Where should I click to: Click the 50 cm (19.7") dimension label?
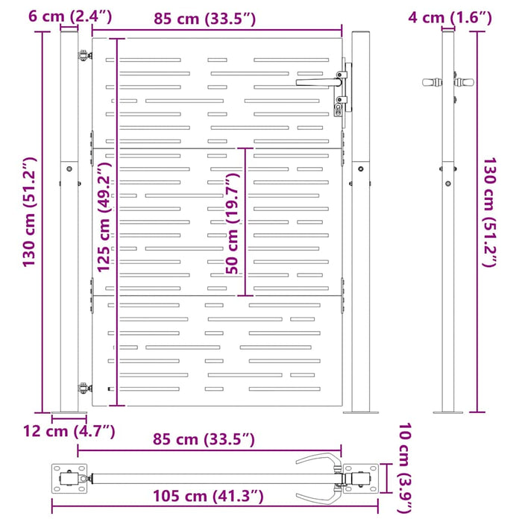point(233,222)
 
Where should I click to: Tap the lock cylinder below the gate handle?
point(339,106)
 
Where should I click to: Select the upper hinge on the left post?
point(81,53)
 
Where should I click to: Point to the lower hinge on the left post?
point(82,387)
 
